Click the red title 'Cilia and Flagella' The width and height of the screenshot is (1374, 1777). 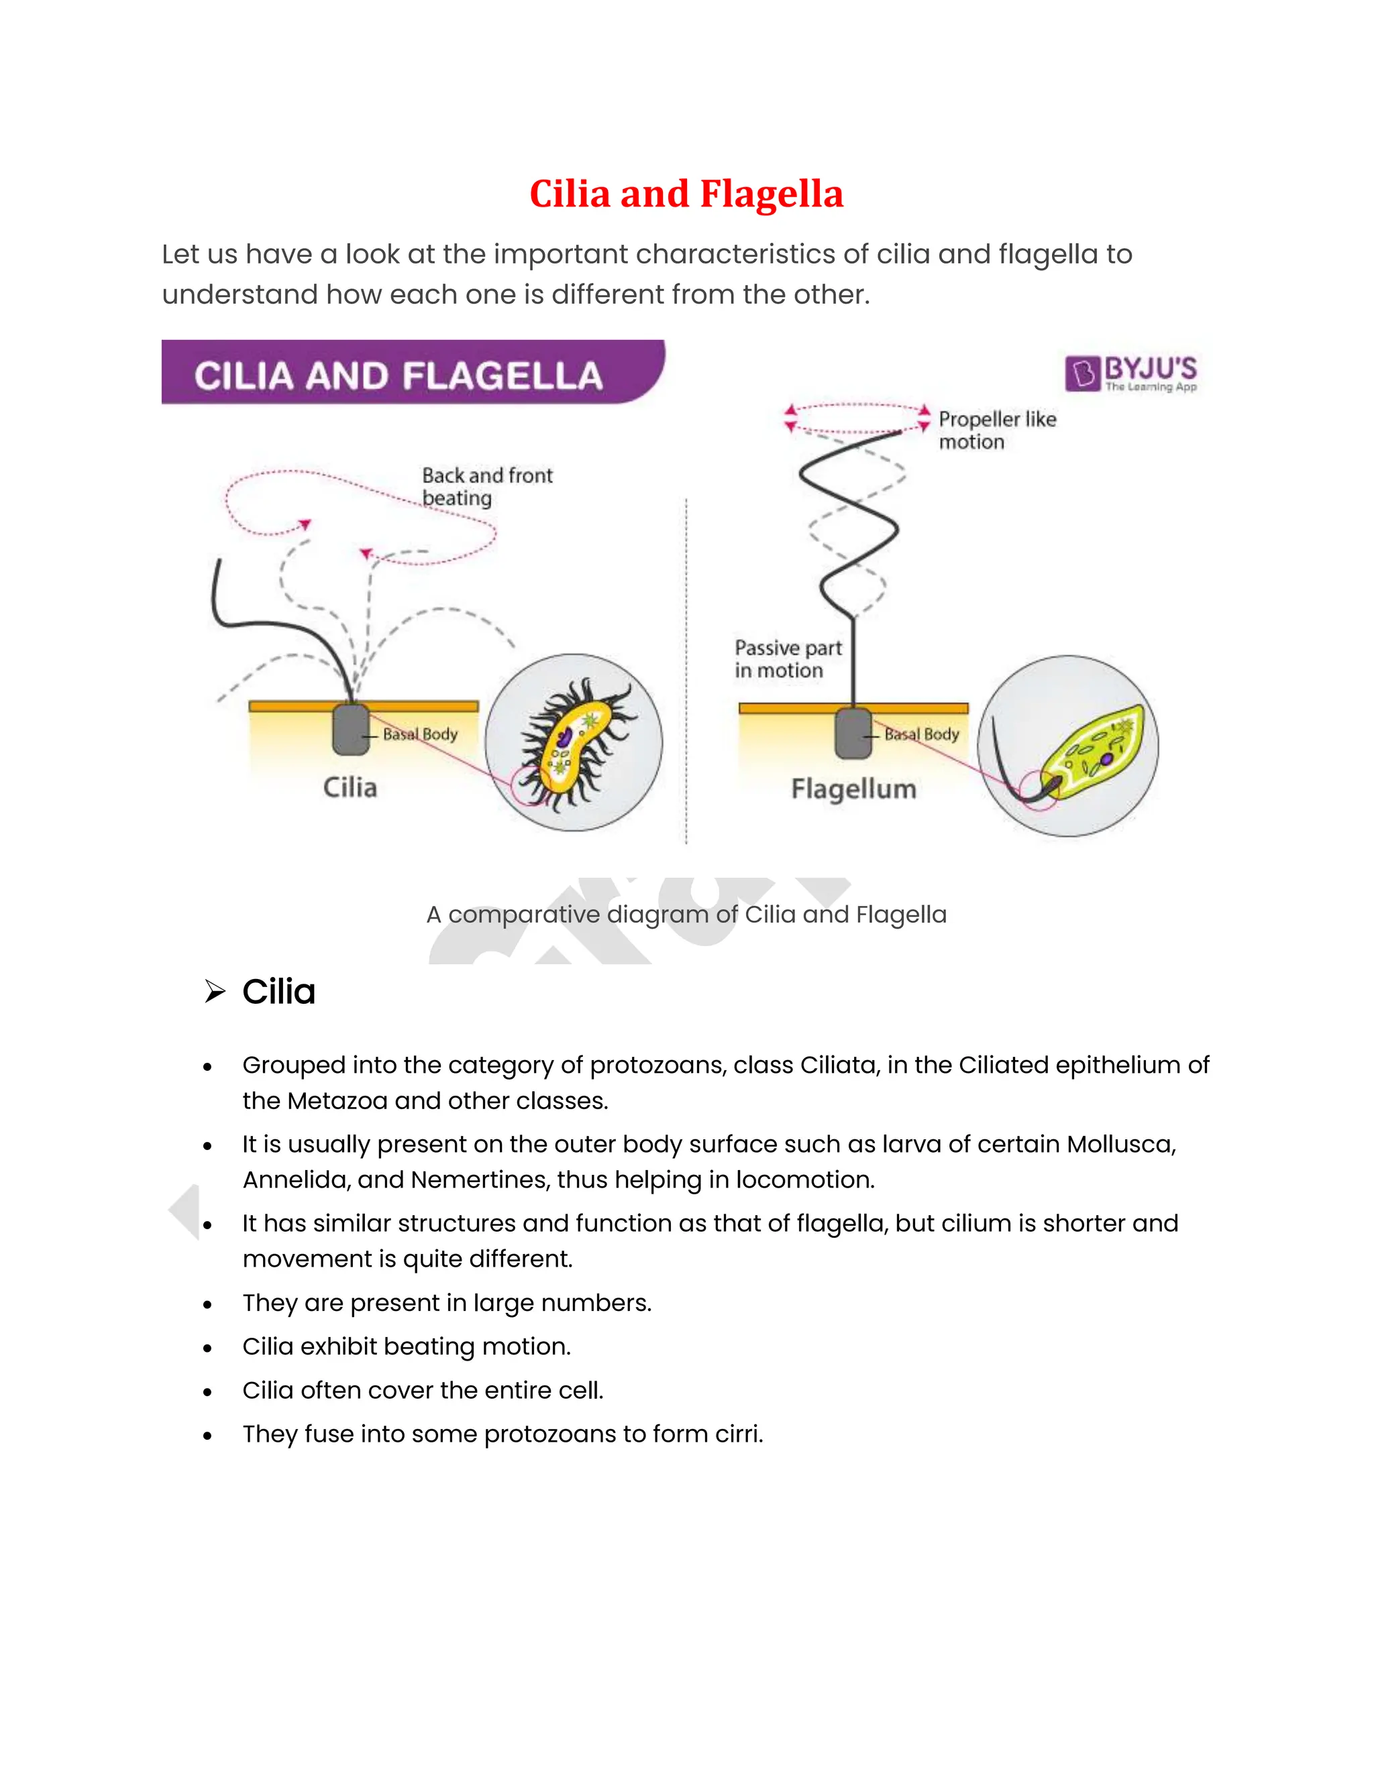point(686,194)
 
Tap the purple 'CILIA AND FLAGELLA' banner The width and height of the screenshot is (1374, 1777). point(399,375)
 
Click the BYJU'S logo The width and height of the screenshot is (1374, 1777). point(1130,374)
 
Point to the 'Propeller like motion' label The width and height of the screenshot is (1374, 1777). point(996,431)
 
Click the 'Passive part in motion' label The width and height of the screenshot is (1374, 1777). point(787,659)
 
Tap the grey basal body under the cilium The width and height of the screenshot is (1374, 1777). point(351,730)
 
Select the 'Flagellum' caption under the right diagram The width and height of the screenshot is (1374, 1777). point(853,789)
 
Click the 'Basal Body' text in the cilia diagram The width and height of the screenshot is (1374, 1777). point(420,734)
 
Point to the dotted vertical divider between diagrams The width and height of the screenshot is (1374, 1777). point(686,667)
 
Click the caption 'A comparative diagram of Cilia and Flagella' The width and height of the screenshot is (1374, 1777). point(686,915)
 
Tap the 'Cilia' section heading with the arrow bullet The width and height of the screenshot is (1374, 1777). point(278,992)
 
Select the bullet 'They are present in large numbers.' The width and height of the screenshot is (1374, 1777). point(447,1303)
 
